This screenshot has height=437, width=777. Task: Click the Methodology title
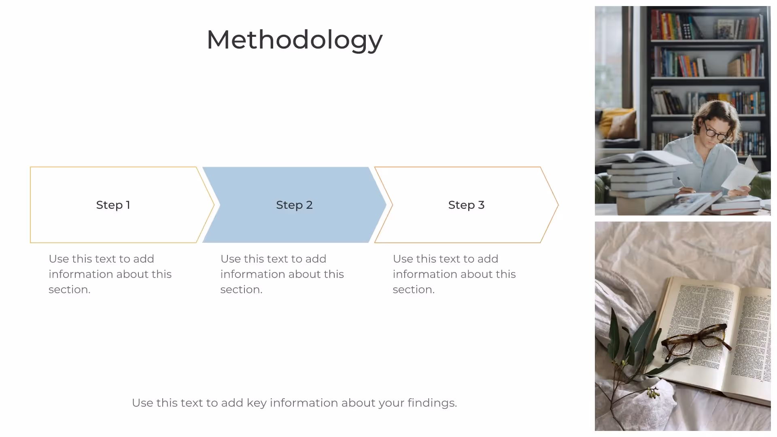tap(294, 40)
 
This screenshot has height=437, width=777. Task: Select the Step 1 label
tap(113, 205)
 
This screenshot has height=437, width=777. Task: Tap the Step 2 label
tap(294, 205)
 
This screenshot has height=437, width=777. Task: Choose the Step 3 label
tap(466, 205)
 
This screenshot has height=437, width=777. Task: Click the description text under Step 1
tap(110, 274)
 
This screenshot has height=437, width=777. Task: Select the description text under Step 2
tap(282, 274)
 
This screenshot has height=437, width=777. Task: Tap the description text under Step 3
tap(454, 274)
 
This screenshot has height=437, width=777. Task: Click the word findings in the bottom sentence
tap(432, 403)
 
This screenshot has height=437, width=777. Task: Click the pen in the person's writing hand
tap(682, 182)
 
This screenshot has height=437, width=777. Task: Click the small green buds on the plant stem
tap(652, 392)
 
